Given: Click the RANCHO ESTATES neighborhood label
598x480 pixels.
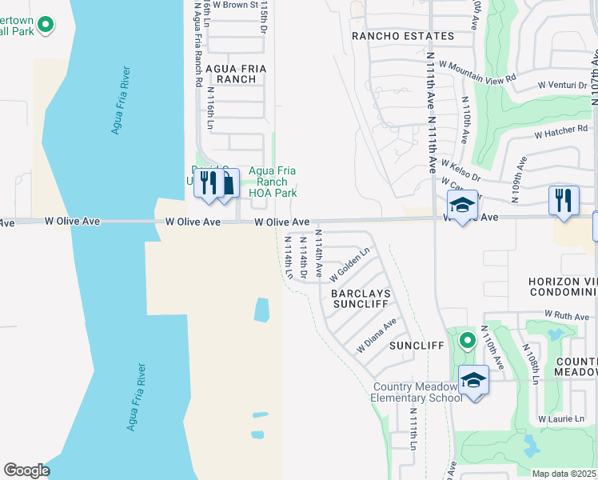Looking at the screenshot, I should pyautogui.click(x=403, y=36).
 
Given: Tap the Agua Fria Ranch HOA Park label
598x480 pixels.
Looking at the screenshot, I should pyautogui.click(x=273, y=182).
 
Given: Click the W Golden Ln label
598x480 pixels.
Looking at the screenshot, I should pyautogui.click(x=350, y=263).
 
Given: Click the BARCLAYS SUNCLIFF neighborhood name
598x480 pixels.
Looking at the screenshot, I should pyautogui.click(x=359, y=299).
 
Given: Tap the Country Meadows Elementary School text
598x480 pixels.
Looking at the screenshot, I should pyautogui.click(x=417, y=392).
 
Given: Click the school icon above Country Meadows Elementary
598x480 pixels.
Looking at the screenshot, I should pyautogui.click(x=473, y=379).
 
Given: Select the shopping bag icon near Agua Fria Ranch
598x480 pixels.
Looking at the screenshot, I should pyautogui.click(x=227, y=183).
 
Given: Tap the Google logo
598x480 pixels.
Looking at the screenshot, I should pyautogui.click(x=26, y=470).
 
